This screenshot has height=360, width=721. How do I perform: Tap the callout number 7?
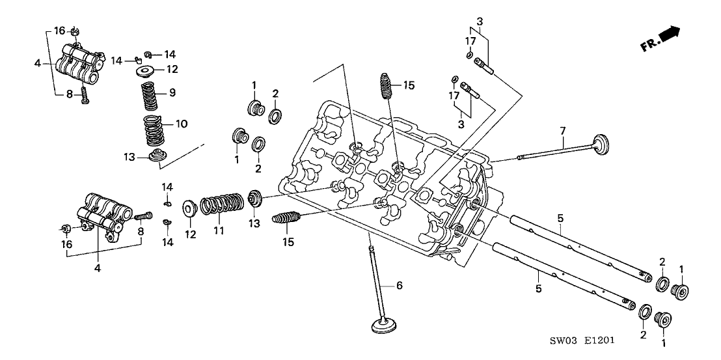click(x=562, y=131)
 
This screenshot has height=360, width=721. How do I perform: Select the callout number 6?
click(x=399, y=286)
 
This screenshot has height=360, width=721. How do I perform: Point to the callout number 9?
click(x=172, y=93)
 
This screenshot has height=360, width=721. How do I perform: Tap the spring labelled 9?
click(x=149, y=96)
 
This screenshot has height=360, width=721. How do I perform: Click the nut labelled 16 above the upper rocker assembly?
click(x=75, y=32)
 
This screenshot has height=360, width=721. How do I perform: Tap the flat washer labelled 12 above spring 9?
click(x=146, y=71)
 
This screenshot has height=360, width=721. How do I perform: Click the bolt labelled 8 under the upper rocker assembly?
click(x=85, y=96)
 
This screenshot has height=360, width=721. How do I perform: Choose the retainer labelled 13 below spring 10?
click(x=156, y=155)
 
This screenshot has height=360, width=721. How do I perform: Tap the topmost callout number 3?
click(x=480, y=21)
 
